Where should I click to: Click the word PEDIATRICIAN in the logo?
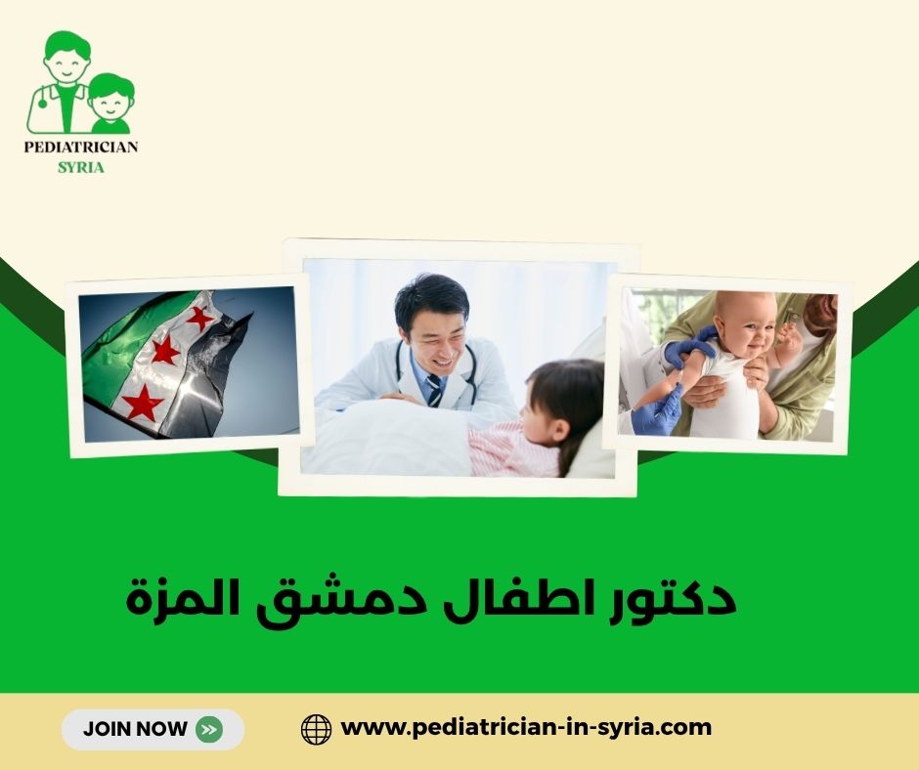tap(82, 147)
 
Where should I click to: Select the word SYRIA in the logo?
tap(82, 166)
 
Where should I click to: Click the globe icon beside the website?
tap(316, 729)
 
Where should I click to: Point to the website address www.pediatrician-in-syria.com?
tap(526, 728)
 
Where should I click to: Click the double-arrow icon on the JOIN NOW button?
tap(208, 729)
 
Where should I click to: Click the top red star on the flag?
tap(200, 318)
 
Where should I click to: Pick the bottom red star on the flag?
tap(143, 402)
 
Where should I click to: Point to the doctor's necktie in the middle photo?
tap(432, 388)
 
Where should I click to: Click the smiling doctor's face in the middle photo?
tap(431, 327)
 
